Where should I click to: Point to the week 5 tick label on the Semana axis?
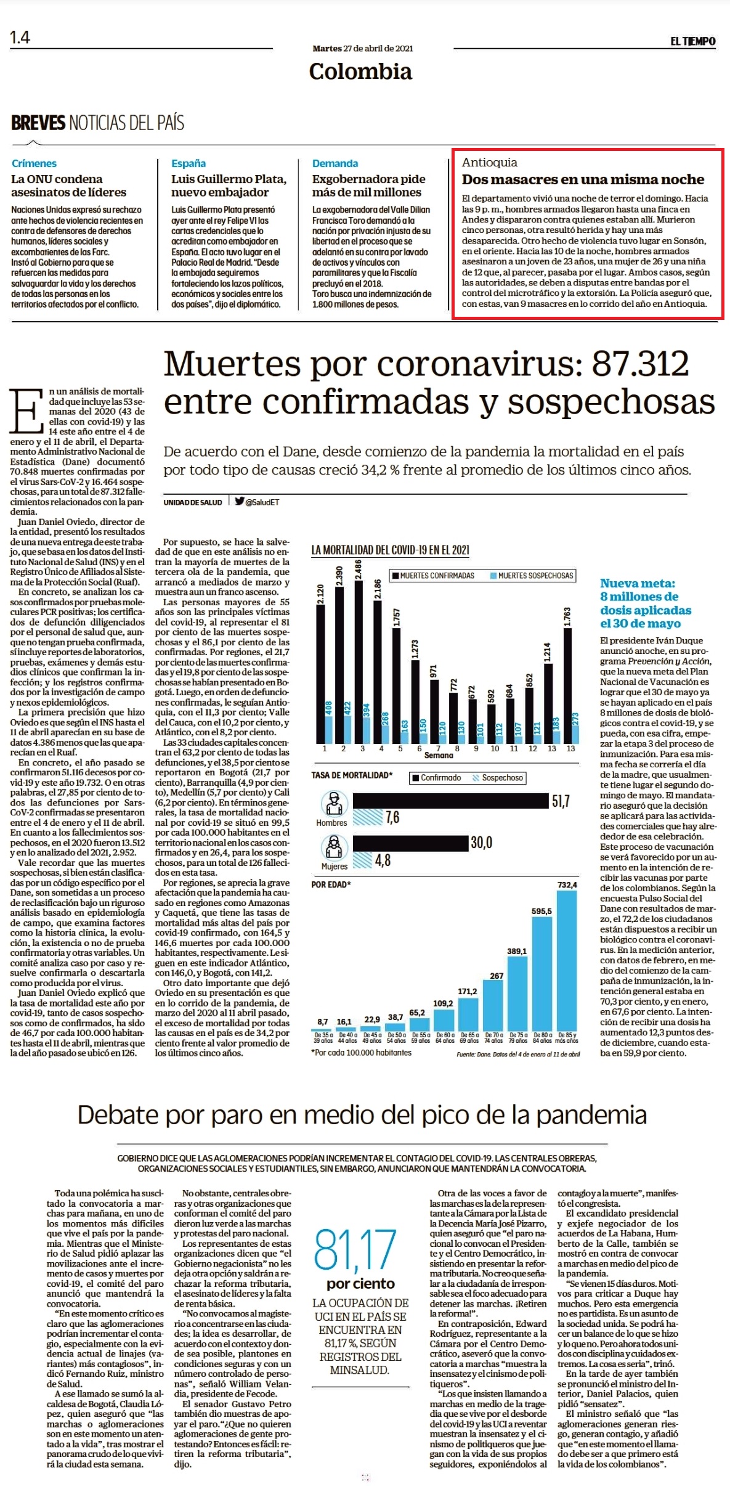400,748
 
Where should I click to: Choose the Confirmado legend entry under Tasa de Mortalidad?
436,778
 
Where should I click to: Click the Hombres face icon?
334,804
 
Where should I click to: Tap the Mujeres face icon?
334,847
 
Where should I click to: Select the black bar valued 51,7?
450,801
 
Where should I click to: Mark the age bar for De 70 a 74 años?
493,1005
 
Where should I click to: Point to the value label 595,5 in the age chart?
542,911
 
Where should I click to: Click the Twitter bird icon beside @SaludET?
239,501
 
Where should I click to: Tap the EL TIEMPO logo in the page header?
693,41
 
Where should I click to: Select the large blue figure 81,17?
355,1250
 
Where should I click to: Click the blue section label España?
189,163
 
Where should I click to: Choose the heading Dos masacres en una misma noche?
583,179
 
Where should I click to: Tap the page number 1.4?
20,38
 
